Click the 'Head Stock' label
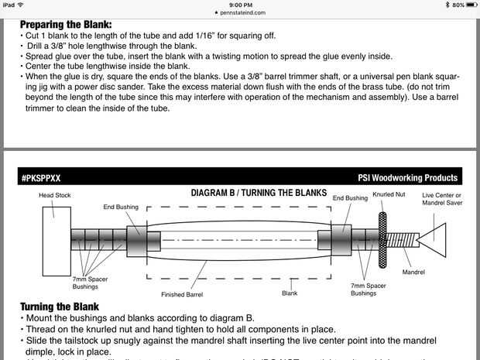[x=55, y=195]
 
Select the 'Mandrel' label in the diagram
[x=414, y=272]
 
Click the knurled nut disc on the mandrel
[x=382, y=235]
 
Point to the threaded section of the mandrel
[x=400, y=235]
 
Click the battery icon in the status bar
[x=469, y=5]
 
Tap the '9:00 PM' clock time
[x=239, y=5]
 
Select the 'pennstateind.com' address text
[x=242, y=13]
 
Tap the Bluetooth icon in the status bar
[x=436, y=5]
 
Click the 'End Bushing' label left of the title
[x=120, y=207]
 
